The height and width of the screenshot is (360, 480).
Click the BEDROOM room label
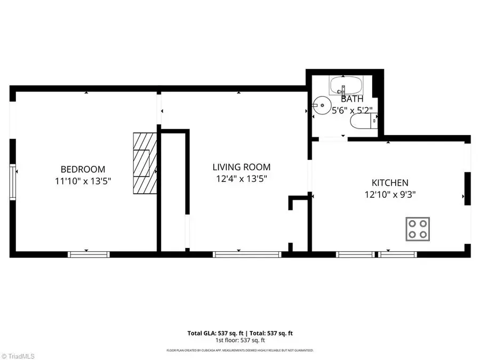83,169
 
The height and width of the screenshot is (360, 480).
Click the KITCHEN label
390,182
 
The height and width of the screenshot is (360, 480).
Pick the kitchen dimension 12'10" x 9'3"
390,195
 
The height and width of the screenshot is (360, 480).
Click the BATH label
352,99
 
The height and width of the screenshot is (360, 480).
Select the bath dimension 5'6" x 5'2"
352,111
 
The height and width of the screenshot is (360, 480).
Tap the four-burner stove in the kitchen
418,228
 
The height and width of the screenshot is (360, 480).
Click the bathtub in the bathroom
346,85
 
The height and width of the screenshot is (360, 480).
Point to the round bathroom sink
321,105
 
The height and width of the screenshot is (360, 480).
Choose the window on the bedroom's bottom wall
89,254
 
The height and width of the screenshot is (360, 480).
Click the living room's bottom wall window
247,254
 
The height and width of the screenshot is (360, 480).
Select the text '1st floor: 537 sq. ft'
240,340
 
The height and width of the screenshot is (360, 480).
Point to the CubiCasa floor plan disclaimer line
240,350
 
